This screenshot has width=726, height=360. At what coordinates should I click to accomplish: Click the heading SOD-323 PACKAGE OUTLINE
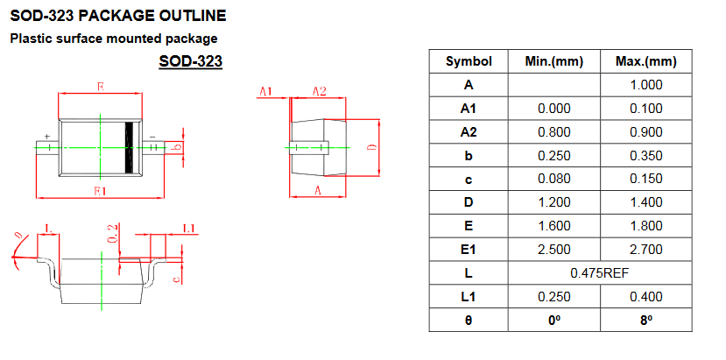point(118,16)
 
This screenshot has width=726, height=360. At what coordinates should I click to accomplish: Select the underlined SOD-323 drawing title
point(190,61)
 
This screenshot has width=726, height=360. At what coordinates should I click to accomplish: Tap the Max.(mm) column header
point(646,61)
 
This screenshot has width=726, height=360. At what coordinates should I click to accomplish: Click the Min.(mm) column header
point(553,61)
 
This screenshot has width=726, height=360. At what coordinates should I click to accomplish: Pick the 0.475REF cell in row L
point(600,273)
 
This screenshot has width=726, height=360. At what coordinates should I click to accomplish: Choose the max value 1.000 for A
point(646,85)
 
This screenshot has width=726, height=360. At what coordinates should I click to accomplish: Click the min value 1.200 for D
point(553,202)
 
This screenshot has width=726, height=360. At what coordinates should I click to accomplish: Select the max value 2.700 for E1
point(646,250)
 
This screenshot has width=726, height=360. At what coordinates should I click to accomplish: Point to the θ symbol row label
point(469,320)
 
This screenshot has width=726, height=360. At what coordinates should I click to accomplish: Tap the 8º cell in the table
point(646,320)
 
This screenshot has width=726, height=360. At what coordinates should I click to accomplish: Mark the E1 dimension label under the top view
point(100,190)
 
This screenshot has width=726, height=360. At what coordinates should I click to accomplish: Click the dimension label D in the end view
point(371,147)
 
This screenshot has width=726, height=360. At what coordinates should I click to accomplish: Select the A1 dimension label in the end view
point(265,91)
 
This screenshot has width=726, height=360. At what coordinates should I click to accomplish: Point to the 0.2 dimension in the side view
point(112,233)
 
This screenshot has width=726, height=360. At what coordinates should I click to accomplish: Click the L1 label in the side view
point(189,228)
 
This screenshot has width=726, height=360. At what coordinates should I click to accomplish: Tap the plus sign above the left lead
point(46,136)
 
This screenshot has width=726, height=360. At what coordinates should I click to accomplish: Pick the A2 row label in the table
point(469,132)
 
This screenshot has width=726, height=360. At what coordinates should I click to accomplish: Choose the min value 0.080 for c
point(553,179)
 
